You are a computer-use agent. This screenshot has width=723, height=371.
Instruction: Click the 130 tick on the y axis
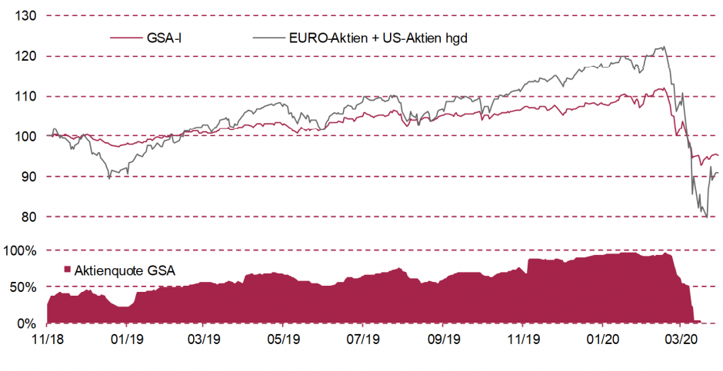click(26, 15)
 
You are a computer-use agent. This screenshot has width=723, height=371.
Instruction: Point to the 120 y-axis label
click(26, 56)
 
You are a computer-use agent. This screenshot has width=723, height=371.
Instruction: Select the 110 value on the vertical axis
click(26, 96)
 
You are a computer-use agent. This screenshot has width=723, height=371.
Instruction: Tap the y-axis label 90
click(29, 177)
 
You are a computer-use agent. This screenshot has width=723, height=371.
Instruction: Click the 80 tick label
click(29, 217)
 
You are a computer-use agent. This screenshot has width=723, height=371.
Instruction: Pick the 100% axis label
click(22, 250)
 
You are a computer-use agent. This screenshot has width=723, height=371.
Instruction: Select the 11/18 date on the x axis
click(47, 339)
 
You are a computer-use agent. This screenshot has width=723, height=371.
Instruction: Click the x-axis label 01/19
click(126, 339)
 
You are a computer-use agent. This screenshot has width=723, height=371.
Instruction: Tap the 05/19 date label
click(285, 339)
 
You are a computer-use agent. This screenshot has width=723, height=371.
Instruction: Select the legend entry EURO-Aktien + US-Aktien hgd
click(378, 37)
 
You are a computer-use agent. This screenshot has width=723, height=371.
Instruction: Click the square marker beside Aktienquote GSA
click(67, 269)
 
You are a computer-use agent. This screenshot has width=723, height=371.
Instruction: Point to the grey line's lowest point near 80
click(706, 217)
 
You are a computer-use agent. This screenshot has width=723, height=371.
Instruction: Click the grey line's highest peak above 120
click(663, 47)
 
